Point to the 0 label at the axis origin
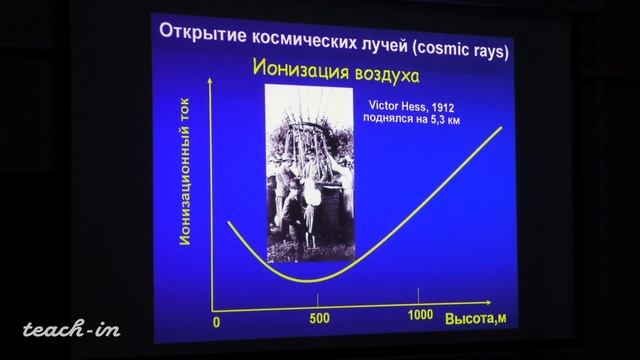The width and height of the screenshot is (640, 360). click(216, 324)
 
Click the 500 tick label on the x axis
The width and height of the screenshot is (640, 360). click(317, 319)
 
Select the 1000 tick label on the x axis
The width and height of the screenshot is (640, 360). click(422, 316)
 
